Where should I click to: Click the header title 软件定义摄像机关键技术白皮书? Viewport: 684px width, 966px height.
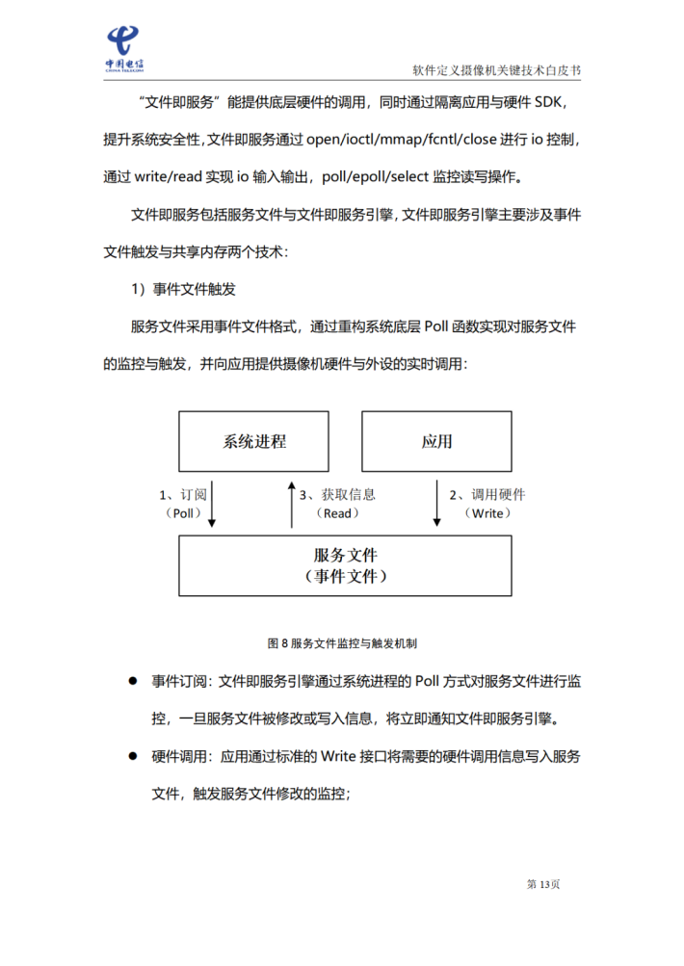[496, 71]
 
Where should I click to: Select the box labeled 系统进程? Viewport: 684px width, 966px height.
[254, 442]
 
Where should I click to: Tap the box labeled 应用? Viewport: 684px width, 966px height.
[436, 442]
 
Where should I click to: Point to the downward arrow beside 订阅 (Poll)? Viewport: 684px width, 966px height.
[212, 504]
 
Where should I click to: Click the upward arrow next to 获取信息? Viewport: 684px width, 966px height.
[292, 504]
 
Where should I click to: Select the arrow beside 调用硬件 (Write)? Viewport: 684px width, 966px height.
[437, 504]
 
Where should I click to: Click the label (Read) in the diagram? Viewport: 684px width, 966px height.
[336, 514]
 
